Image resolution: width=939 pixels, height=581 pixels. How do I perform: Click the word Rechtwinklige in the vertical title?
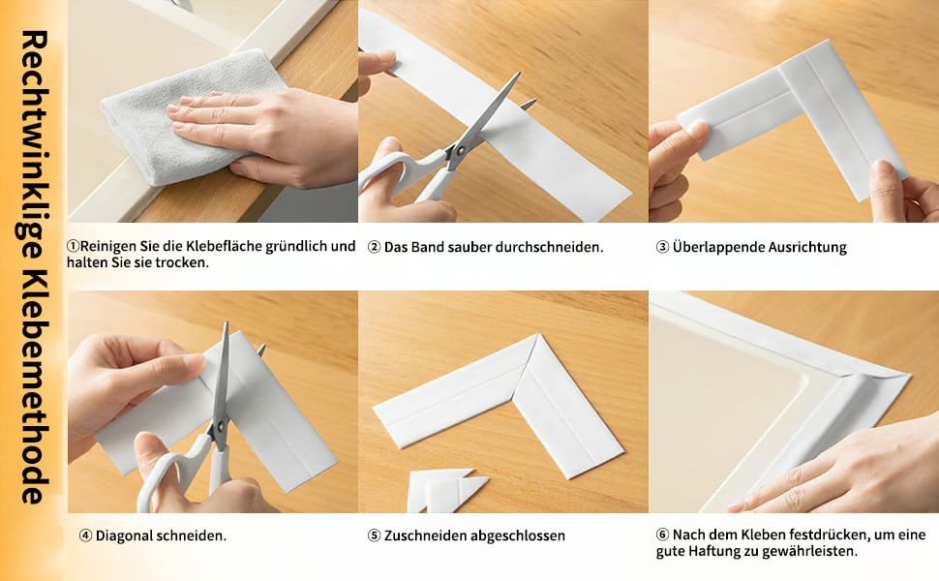34,143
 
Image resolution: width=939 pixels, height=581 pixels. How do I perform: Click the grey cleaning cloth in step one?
180,120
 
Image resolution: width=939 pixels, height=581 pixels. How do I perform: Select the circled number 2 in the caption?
374,247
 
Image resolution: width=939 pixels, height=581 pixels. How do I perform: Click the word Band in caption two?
428,247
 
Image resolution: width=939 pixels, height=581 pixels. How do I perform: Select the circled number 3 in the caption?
662,247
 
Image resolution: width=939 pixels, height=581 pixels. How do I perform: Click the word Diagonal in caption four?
123,535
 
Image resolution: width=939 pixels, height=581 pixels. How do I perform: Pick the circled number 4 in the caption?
85,535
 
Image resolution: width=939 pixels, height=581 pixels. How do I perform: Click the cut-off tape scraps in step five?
446,490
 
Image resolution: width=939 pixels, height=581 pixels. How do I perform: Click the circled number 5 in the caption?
374,535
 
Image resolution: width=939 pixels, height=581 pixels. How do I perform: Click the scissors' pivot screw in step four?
219,426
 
